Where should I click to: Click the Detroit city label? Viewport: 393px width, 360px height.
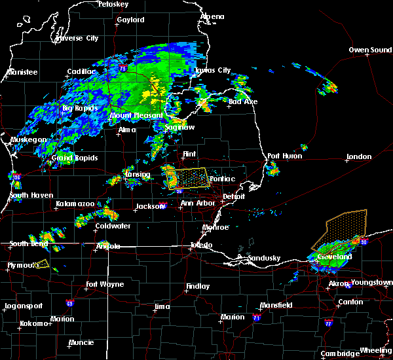pos(233,196)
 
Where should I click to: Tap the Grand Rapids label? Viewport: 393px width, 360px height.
pos(75,158)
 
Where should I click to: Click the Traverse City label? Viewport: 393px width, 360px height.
pos(77,39)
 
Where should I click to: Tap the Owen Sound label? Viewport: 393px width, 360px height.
pos(370,50)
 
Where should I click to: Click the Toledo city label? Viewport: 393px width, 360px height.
pos(200,245)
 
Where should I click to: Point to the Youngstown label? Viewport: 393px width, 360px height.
pos(371,283)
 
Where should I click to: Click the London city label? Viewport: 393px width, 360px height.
pos(359,156)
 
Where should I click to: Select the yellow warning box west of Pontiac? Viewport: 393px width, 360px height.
pos(190,177)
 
